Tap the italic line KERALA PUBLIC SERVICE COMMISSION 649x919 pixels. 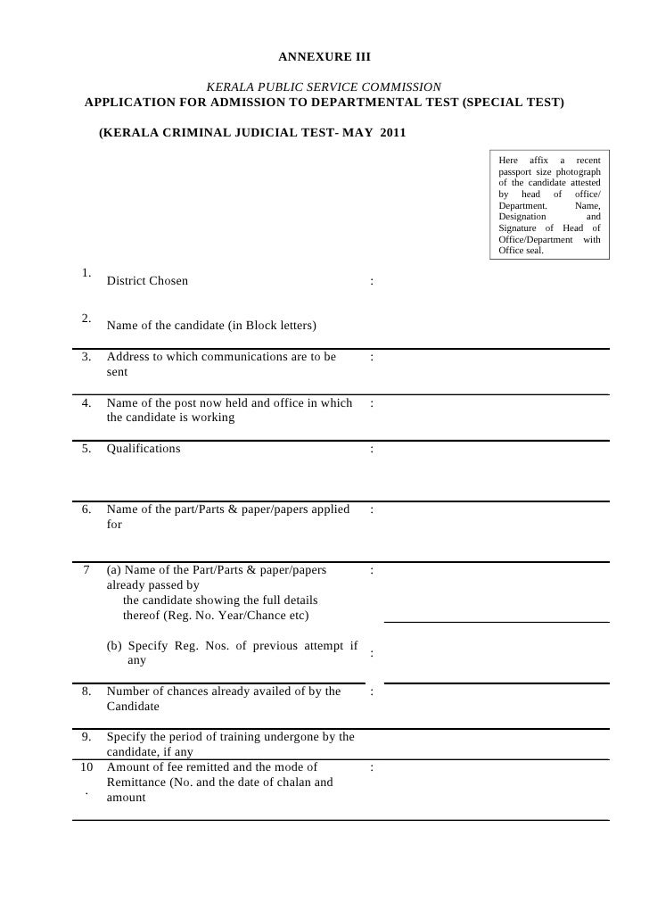pyautogui.click(x=324, y=87)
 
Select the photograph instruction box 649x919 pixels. pyautogui.click(x=549, y=203)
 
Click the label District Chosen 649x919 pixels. pyautogui.click(x=147, y=281)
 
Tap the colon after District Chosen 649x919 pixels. pyautogui.click(x=370, y=283)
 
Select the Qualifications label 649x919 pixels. pyautogui.click(x=143, y=449)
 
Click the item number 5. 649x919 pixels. pyautogui.click(x=86, y=449)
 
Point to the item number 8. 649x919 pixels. pyautogui.click(x=86, y=691)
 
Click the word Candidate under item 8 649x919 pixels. pyautogui.click(x=133, y=707)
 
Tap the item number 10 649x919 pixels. pyautogui.click(x=86, y=767)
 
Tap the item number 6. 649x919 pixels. pyautogui.click(x=86, y=510)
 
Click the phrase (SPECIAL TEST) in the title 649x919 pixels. pyautogui.click(x=513, y=103)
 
